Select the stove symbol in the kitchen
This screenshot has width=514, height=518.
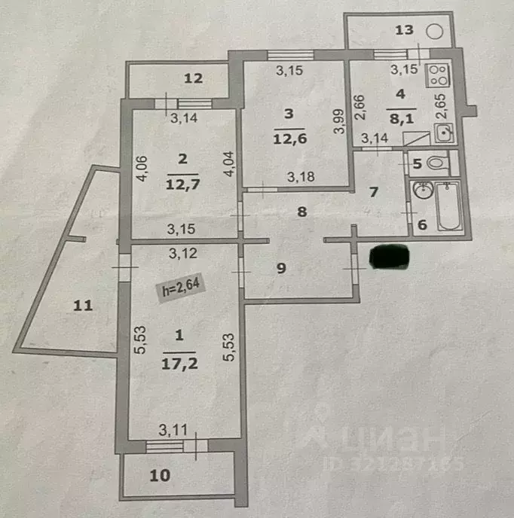coord(438,75)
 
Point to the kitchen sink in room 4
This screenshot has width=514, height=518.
coord(444,133)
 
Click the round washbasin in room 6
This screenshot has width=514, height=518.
coord(423,189)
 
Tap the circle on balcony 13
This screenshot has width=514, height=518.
coord(434,32)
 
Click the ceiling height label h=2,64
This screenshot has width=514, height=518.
coord(181,288)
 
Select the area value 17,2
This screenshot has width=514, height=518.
coord(179,364)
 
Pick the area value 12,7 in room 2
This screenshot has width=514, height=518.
coord(183,184)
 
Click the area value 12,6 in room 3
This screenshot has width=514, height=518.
coord(289,139)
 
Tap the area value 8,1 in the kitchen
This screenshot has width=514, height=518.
coord(402,118)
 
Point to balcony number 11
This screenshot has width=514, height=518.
coord(83,305)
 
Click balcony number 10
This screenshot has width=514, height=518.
coord(160,475)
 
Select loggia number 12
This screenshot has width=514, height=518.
coord(193,78)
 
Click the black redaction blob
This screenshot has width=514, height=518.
coord(390,256)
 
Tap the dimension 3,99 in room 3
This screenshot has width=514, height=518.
coord(338,121)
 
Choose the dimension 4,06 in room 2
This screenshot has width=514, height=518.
coord(142,169)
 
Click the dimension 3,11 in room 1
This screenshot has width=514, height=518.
coord(173,430)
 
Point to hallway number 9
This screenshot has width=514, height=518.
coord(281,268)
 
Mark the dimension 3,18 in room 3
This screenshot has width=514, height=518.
coord(301,177)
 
